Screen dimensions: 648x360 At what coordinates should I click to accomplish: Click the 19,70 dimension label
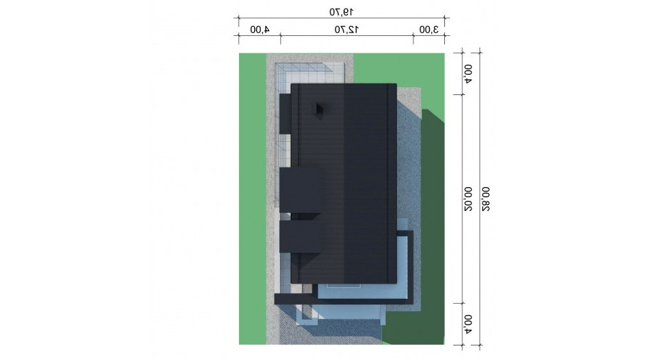point(341,12)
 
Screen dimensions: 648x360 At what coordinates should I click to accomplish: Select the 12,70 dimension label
point(346,30)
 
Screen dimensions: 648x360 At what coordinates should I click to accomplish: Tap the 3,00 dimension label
point(428,30)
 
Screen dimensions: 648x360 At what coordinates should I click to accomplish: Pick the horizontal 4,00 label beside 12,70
point(259,30)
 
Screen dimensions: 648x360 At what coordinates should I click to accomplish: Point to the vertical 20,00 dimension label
point(467,199)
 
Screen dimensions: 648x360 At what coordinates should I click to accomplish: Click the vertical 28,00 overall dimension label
point(485,199)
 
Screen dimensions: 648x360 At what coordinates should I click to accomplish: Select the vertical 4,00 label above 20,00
point(467,74)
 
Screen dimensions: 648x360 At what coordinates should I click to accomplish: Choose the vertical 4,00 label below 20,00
point(467,325)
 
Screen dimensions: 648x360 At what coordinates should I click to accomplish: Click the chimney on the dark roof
point(320,109)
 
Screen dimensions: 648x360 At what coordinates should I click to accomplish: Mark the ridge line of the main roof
point(344,184)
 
